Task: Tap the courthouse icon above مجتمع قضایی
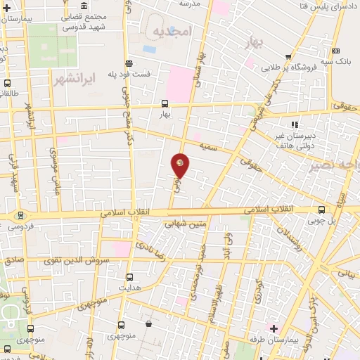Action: tap(84, 6)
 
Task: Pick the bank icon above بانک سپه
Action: tap(337, 51)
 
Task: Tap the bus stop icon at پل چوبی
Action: tap(322, 210)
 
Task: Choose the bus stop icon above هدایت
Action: tap(129, 277)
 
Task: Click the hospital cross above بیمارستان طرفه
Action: tap(274, 328)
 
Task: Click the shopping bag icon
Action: tap(149, 324)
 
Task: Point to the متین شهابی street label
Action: tap(186, 225)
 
